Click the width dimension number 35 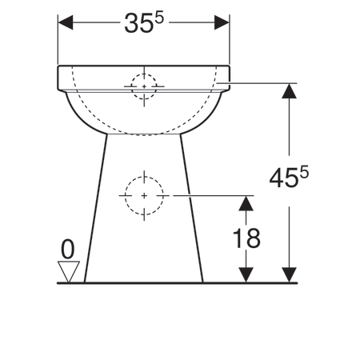[138, 24]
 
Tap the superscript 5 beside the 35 [159, 18]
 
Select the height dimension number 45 [283, 178]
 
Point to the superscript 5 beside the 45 [304, 172]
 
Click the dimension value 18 [246, 238]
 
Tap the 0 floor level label [68, 249]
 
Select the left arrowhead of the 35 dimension [66, 22]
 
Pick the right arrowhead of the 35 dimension [222, 22]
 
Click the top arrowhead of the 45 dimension [290, 91]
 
